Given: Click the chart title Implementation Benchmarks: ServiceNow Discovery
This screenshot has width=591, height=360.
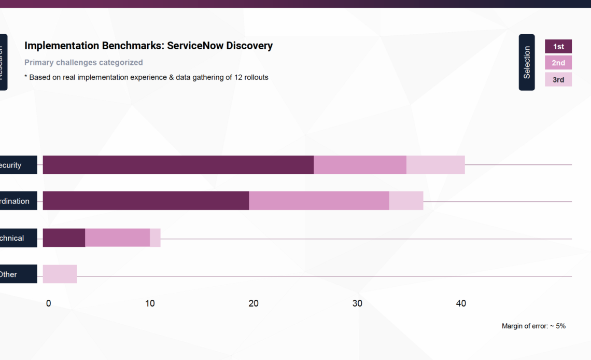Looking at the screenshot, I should point(148,46).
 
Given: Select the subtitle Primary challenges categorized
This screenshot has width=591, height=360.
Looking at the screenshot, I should point(83,62).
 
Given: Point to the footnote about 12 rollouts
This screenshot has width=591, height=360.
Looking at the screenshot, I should point(146,77).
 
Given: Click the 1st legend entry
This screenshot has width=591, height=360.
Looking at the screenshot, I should point(558,47).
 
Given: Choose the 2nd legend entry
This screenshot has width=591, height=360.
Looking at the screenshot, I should point(558,63).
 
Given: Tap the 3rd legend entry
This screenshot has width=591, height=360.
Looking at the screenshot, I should point(558,79).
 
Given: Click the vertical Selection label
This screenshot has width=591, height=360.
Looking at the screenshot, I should point(527,62).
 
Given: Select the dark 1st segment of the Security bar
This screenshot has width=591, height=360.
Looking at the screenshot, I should point(178,165).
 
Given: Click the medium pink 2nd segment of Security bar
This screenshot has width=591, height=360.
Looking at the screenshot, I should point(360,165).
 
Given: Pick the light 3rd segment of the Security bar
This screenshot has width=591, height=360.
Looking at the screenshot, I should point(435,165).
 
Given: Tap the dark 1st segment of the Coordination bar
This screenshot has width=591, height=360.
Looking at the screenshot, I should point(146,201).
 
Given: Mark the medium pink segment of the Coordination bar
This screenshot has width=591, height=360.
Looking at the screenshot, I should point(319,201).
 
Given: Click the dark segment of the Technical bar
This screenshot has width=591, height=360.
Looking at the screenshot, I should point(64,238).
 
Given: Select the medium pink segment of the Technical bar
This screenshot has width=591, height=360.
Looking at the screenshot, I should point(117,238).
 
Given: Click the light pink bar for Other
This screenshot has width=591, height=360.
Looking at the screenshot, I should point(60,274).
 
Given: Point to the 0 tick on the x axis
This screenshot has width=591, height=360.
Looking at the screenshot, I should point(48,303).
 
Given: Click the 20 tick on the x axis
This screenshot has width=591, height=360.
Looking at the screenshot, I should point(254,303).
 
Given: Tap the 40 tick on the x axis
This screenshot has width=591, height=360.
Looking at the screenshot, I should point(461,303).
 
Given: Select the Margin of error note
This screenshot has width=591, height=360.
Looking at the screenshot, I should point(533,326).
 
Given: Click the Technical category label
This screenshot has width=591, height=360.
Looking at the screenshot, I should point(16,238).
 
